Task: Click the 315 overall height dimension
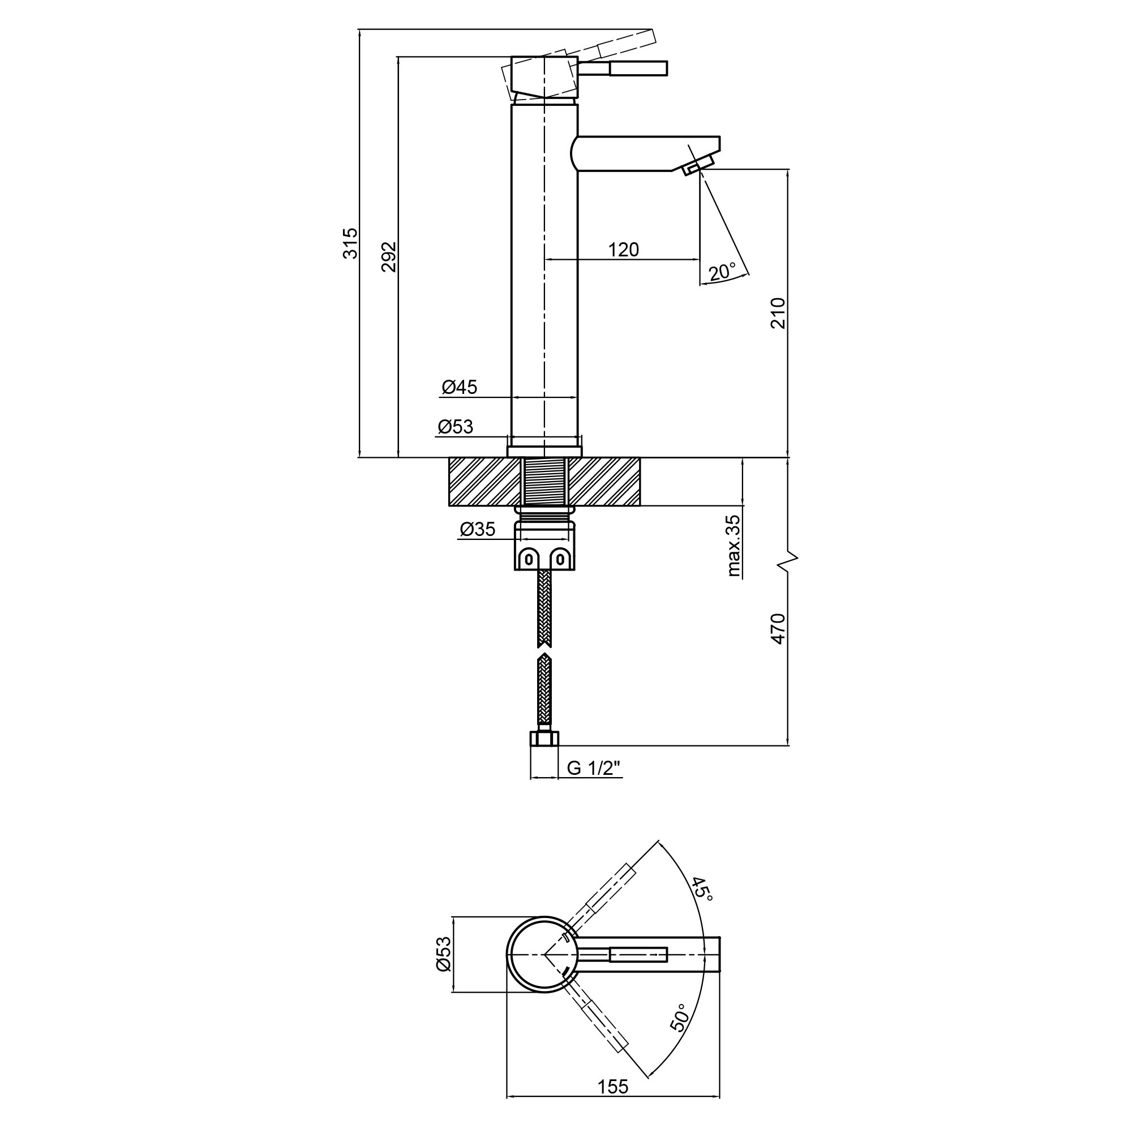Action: [350, 243]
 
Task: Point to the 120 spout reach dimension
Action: [623, 250]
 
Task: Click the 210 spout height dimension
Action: [778, 313]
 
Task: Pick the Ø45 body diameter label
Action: [460, 387]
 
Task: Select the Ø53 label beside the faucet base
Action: [455, 427]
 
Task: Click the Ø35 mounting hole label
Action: [478, 530]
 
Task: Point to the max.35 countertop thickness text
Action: [734, 546]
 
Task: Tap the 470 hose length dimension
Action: [778, 629]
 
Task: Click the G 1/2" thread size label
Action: [593, 768]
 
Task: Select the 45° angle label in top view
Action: [701, 890]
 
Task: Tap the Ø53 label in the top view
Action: [444, 954]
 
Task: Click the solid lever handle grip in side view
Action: [638, 68]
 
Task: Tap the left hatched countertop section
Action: [484, 481]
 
